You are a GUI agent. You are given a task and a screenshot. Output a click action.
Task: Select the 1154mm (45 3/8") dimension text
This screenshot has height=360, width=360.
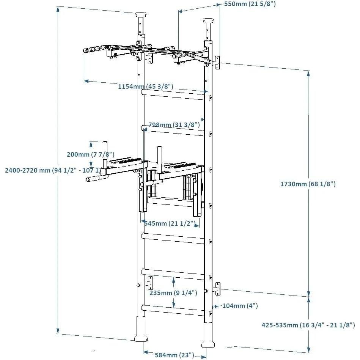[x=145, y=86]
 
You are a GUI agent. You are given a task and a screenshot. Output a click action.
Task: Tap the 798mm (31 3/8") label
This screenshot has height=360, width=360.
[x=174, y=125]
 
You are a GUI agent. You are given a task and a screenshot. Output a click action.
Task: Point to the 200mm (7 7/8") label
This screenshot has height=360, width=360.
[x=90, y=154]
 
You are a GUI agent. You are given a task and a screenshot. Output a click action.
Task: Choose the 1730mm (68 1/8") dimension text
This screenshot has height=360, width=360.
[x=308, y=184]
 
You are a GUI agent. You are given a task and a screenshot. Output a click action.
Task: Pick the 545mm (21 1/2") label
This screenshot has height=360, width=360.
[x=170, y=224]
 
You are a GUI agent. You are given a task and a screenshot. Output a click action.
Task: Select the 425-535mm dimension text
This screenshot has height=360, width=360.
[x=308, y=325]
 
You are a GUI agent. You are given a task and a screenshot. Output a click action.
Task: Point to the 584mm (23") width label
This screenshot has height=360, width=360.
[x=174, y=355]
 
